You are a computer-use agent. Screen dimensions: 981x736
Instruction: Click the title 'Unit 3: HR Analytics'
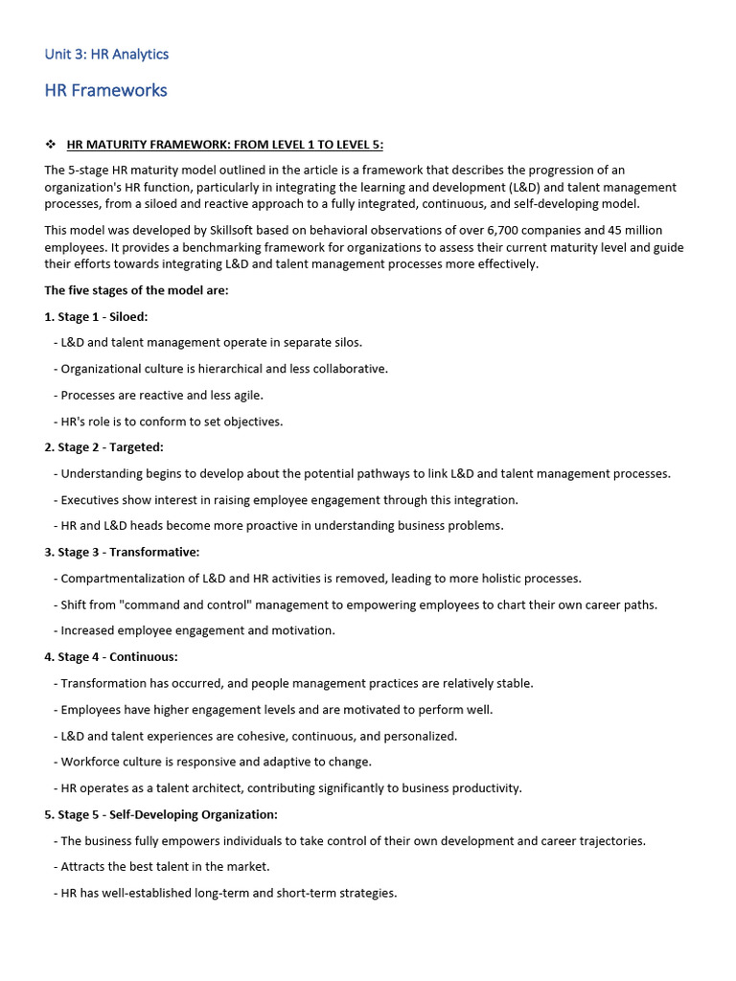pos(106,54)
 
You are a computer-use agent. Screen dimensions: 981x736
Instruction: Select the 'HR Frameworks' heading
pos(105,90)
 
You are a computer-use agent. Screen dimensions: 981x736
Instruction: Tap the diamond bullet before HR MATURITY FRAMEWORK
pos(51,145)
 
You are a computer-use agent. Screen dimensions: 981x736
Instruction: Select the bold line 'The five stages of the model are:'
pos(136,290)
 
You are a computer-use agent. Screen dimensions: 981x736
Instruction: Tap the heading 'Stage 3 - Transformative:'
pos(122,552)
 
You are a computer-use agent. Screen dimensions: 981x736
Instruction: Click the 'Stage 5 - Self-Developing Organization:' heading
pos(161,814)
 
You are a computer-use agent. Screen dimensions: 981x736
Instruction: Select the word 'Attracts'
pos(83,867)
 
